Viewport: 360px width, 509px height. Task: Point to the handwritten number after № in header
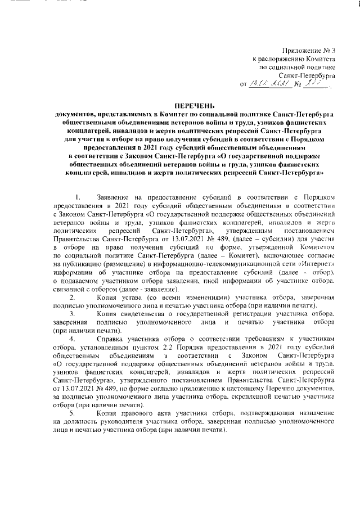click(x=315, y=83)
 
